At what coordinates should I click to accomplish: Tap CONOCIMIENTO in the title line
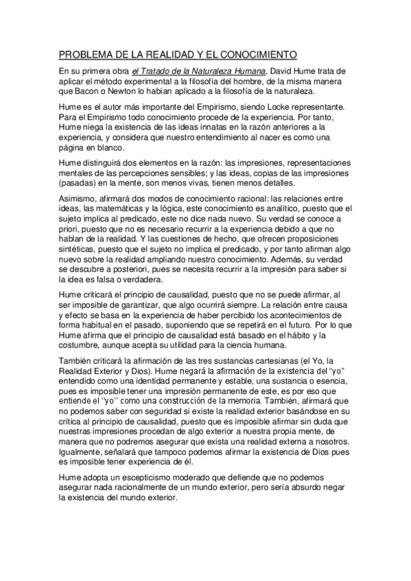pos(258,53)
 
